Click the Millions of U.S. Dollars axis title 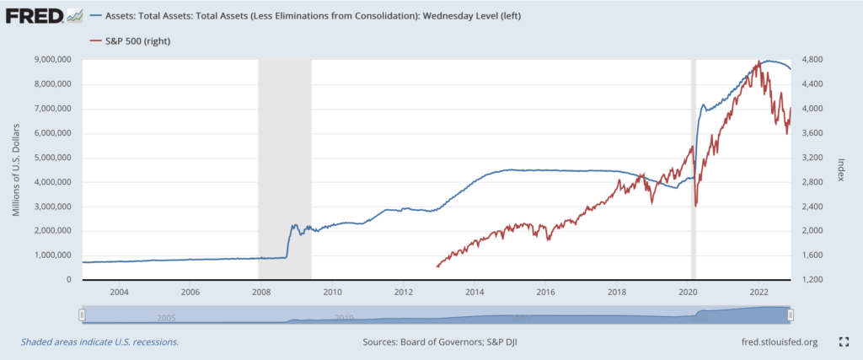[x=17, y=169]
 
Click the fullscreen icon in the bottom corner [x=844, y=341]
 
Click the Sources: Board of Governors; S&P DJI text [x=437, y=342]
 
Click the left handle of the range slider [x=82, y=314]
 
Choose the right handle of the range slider [x=791, y=314]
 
